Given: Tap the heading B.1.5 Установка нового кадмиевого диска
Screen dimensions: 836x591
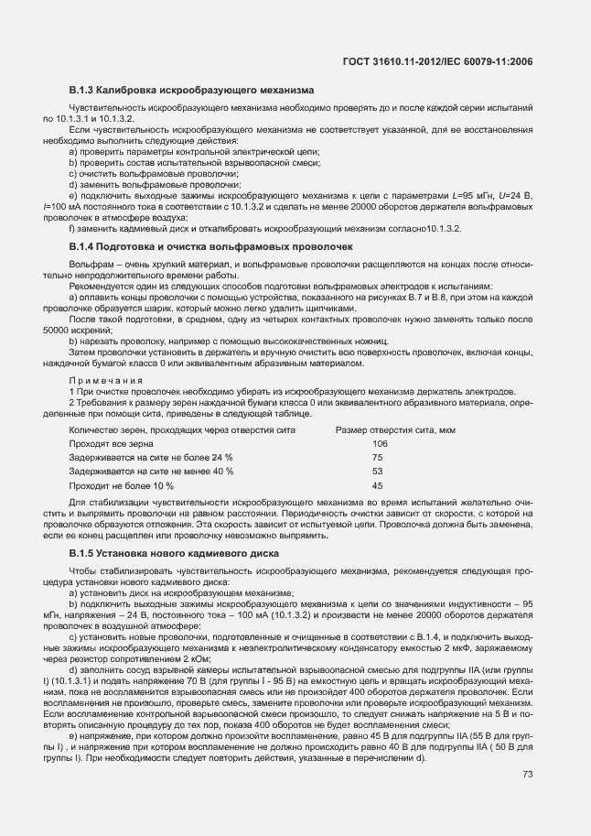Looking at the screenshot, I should [x=182, y=555].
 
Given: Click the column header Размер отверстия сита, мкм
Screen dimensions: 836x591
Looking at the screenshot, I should [x=395, y=429].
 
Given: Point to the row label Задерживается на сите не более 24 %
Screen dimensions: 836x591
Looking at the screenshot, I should [x=151, y=457].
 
